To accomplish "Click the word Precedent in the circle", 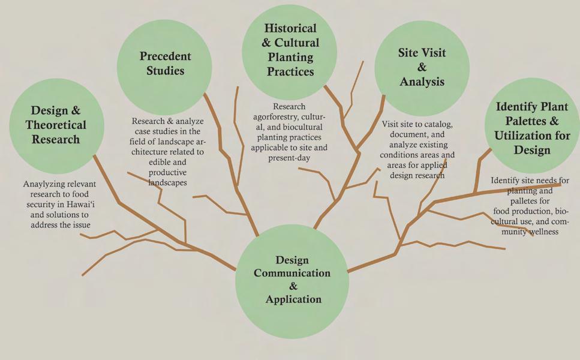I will [x=165, y=56].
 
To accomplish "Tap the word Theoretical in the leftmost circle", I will [x=55, y=125].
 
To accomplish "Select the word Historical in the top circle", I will [x=290, y=28].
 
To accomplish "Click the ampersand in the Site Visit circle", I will [x=422, y=67].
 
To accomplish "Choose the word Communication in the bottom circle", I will [x=292, y=273].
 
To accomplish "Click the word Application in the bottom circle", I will [x=293, y=299].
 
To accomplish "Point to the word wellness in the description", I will [x=542, y=232].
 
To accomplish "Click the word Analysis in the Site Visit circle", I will [x=422, y=82].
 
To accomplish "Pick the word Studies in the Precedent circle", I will [x=165, y=71].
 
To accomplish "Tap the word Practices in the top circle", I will [x=290, y=71].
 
